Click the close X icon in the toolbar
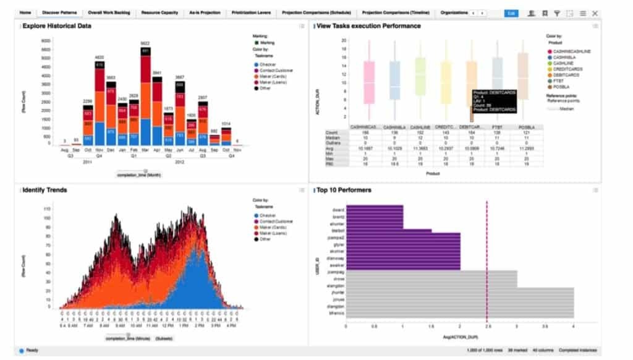[x=595, y=13]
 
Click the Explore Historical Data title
[x=57, y=26]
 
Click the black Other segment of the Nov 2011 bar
[x=100, y=64]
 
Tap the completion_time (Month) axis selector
[x=140, y=175]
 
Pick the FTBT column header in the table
[x=497, y=127]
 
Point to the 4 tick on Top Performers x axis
[x=574, y=325]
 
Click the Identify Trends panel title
[x=45, y=190]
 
